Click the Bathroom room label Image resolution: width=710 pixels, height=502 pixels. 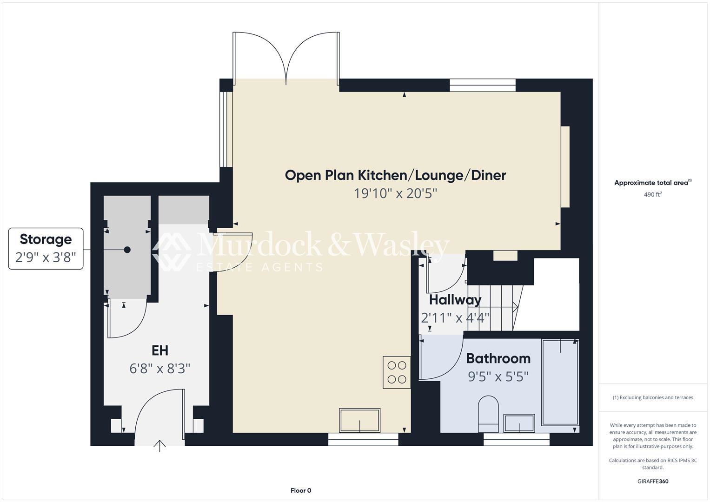[498, 358]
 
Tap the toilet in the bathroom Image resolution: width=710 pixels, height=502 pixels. [488, 414]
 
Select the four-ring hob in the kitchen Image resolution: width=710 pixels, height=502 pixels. [397, 372]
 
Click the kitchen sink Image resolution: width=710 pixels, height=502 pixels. [359, 420]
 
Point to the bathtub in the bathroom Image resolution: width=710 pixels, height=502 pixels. [560, 382]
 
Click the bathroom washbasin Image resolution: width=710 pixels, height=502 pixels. [519, 423]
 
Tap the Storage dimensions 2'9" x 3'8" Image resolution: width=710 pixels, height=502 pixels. [46, 258]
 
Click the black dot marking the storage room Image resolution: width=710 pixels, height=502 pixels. [127, 250]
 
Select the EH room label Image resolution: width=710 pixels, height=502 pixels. [160, 350]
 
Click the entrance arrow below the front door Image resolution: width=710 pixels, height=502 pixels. [159, 446]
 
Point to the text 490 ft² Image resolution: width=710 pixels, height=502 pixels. [653, 194]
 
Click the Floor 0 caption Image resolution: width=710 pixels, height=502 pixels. [301, 490]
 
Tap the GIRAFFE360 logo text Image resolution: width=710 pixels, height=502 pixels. [653, 481]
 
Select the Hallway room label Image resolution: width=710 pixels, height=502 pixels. [455, 300]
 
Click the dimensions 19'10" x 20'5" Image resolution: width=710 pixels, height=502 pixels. [395, 193]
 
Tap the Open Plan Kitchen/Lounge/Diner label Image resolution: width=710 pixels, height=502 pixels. [395, 175]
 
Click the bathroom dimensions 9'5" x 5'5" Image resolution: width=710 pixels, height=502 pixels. [498, 376]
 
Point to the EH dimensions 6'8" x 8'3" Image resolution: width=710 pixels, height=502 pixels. [160, 369]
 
